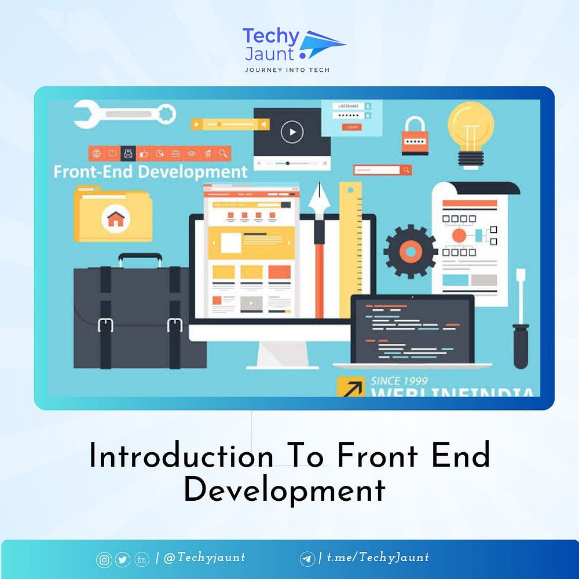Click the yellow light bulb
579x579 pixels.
coord(471,129)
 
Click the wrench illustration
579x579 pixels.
coord(124,113)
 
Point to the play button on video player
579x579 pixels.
coord(292,133)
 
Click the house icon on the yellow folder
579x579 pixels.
coord(116,219)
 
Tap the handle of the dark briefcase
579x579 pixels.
coord(140,259)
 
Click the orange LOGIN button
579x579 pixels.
coord(351,127)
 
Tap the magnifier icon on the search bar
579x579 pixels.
coord(406,170)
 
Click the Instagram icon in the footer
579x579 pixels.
coord(104,559)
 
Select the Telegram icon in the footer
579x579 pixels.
coord(307,559)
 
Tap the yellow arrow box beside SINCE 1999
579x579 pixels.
coord(351,387)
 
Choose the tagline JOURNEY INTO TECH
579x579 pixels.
coord(287,70)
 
